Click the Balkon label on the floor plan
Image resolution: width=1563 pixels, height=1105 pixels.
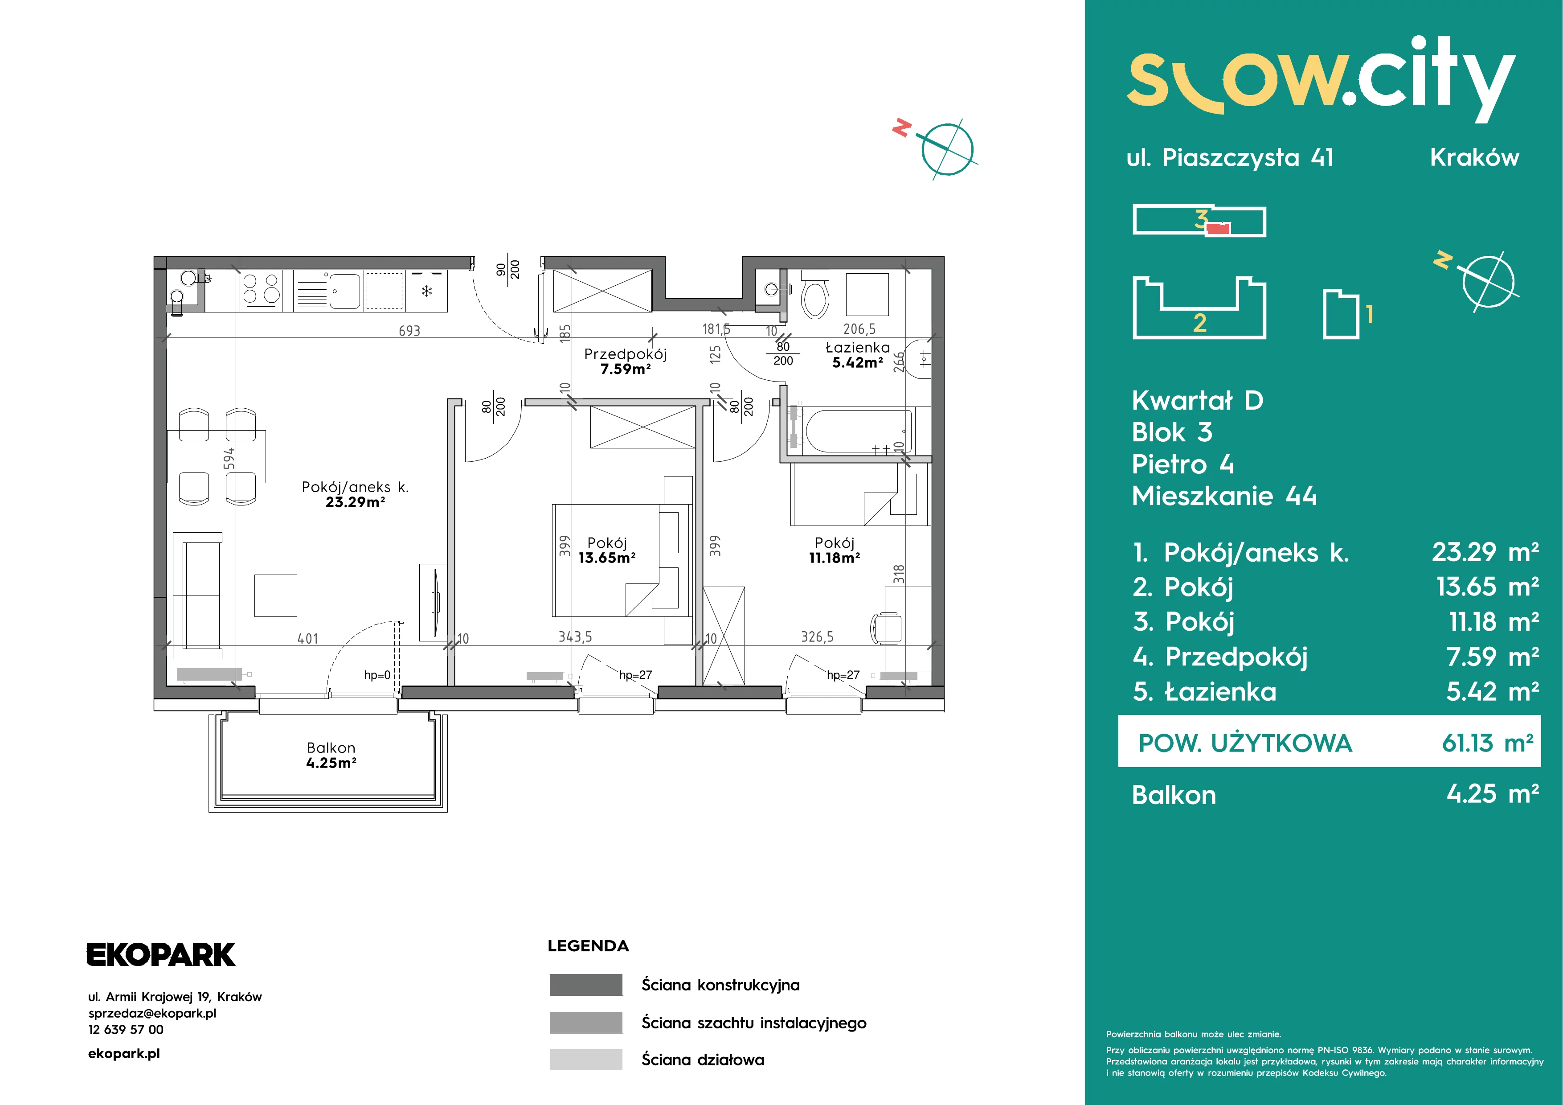click(331, 756)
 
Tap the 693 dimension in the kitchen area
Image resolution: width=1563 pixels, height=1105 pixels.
click(409, 331)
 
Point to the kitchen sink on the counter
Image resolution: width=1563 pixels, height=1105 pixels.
click(345, 291)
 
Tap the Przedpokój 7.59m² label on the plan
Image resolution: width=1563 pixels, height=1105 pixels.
click(625, 361)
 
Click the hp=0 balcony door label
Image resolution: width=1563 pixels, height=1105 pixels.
click(377, 675)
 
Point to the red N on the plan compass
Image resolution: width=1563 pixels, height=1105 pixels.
click(902, 127)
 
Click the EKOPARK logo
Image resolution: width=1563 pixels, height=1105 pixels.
click(161, 954)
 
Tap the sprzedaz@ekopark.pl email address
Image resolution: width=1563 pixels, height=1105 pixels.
click(152, 1013)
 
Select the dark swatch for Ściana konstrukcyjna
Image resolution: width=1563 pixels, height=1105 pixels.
click(585, 985)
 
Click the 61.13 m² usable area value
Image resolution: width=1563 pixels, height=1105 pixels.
click(1487, 743)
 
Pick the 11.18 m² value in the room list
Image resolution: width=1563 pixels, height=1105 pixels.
click(1493, 622)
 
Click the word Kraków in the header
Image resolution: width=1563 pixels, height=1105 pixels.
click(1474, 157)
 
